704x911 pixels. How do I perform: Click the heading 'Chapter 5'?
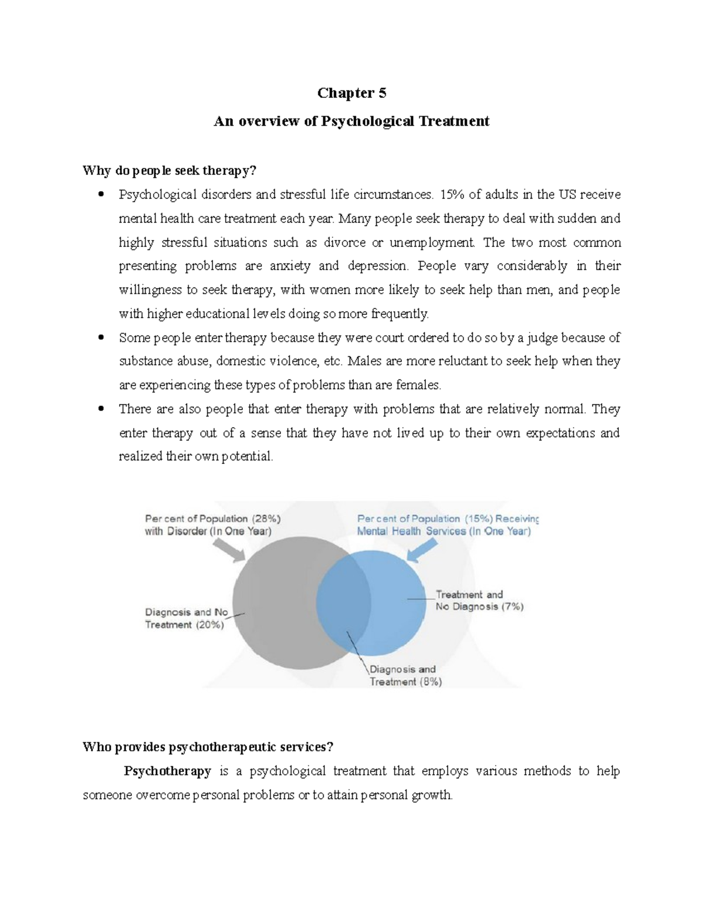tap(351, 93)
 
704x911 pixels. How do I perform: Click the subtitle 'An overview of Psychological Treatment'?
tap(351, 121)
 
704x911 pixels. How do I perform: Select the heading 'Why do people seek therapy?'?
tap(170, 171)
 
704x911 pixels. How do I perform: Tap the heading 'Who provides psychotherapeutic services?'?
tap(208, 747)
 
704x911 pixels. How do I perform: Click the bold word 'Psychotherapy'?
tap(167, 771)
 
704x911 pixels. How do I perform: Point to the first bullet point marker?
tap(101, 195)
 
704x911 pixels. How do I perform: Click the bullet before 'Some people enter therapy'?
tap(101, 338)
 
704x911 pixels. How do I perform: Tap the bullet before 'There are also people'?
tap(101, 409)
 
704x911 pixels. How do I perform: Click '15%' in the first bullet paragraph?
tap(451, 194)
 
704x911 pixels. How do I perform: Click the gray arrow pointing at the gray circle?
tap(228, 550)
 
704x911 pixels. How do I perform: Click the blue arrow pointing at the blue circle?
tap(422, 550)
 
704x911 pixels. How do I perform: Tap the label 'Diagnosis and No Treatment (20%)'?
tap(186, 618)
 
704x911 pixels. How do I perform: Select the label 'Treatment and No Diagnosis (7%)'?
tap(479, 601)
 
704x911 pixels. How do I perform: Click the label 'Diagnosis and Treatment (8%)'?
tap(405, 675)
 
